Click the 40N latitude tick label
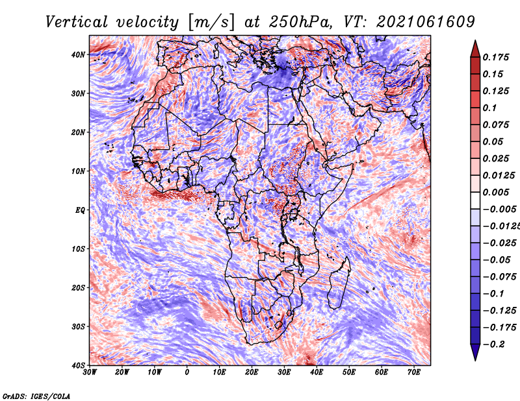pos(78,55)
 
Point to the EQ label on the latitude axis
pos(80,210)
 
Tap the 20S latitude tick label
pos(78,287)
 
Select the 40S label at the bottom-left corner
pos(78,365)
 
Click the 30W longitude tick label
pos(90,372)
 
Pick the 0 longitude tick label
pos(187,372)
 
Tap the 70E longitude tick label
pos(414,372)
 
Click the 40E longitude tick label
pos(317,372)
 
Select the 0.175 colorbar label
pos(496,57)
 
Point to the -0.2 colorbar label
pos(494,344)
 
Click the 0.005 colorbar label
pos(496,192)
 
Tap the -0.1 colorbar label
pos(494,293)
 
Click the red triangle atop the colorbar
pos(475,50)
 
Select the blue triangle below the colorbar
pos(475,351)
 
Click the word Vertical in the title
pos(77,22)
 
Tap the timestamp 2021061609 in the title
pos(426,22)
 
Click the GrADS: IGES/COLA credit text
pos(36,396)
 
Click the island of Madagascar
pos(338,284)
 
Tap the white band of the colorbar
pos(475,200)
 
